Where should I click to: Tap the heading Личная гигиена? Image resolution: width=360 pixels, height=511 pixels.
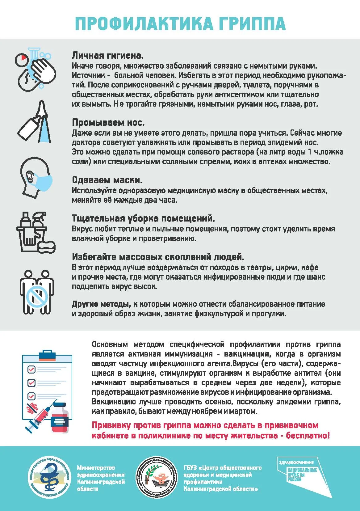pos(108,56)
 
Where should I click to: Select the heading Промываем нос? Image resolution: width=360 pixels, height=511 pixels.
pos(108,123)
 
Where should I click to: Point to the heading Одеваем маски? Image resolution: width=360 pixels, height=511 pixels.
pos(107,180)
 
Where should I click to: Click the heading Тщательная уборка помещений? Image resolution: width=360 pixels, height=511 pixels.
pos(143,218)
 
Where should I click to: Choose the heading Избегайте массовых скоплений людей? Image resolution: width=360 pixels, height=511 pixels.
pos(158,257)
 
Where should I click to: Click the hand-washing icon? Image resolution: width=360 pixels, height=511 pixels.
pos(36,69)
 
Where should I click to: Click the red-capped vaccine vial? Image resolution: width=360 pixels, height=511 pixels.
pos(60,417)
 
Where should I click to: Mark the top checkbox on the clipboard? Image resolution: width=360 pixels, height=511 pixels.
pos(31,370)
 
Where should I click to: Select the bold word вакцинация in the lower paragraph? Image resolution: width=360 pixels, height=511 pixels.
pos(246,354)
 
